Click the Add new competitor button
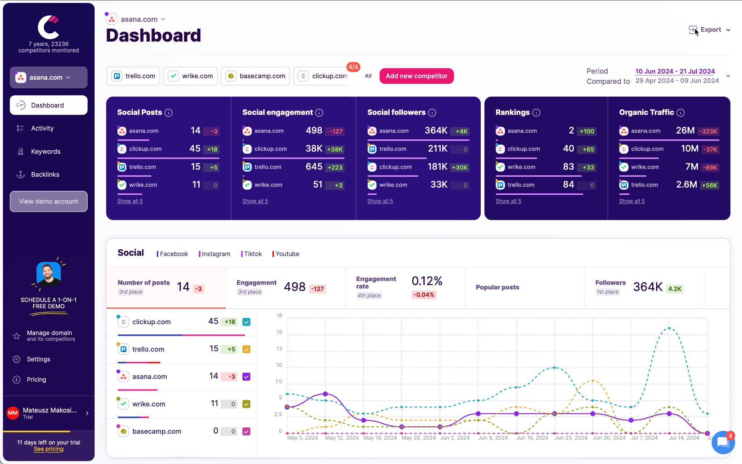(x=416, y=76)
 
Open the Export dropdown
(x=710, y=30)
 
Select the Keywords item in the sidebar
(x=46, y=151)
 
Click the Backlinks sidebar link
(x=45, y=175)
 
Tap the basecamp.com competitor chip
(x=255, y=76)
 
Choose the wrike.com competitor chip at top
(x=191, y=76)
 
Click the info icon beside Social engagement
(x=319, y=113)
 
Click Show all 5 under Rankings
(x=508, y=201)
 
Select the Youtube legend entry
(x=287, y=254)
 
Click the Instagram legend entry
(x=216, y=254)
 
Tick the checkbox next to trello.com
(x=246, y=350)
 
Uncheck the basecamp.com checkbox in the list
(x=246, y=431)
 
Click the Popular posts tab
(x=497, y=287)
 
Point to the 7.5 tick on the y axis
(x=278, y=381)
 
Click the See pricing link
(x=49, y=449)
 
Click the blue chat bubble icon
(x=723, y=442)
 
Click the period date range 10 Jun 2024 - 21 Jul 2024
(x=675, y=71)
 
